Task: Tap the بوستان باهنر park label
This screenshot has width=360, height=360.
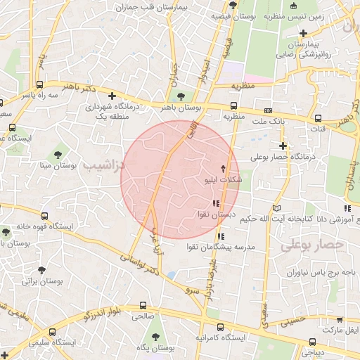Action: coord(182,108)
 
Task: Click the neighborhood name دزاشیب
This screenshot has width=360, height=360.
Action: coord(103,166)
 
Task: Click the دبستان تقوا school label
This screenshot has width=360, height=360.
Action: coord(215,214)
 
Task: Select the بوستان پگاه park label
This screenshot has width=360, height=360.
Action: coord(155,348)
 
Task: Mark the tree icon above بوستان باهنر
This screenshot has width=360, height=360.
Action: coord(182,96)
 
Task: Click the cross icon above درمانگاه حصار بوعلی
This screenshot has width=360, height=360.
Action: coord(283,146)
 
